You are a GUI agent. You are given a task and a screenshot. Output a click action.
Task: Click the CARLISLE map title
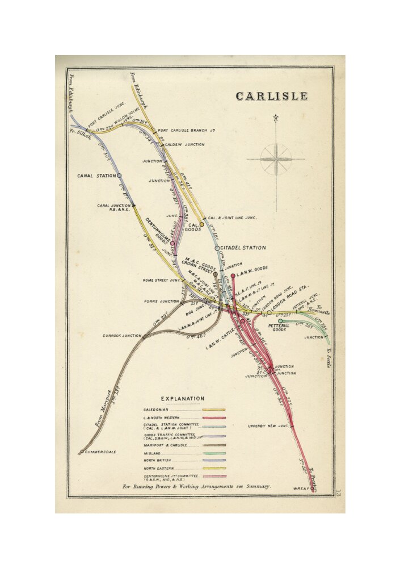272,96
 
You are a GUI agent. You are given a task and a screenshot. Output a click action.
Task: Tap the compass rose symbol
276,159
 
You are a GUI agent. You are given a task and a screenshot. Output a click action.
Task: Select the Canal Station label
96,176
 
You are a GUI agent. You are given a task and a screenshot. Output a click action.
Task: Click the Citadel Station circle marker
217,248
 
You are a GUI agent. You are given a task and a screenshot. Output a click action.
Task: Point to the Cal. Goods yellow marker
201,224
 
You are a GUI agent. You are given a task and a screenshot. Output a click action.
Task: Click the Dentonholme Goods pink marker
172,243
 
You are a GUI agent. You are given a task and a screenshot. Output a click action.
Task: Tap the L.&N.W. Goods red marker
233,276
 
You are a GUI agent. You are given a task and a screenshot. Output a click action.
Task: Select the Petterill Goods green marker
280,321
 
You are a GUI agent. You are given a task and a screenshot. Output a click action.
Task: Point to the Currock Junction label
121,336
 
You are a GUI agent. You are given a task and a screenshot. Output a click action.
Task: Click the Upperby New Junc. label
268,426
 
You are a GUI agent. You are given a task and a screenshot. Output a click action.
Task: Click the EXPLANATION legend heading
183,399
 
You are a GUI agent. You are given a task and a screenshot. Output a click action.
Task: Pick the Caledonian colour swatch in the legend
214,410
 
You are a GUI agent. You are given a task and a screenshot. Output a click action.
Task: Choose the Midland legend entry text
151,453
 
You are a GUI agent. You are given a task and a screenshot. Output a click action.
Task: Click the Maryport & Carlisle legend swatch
214,445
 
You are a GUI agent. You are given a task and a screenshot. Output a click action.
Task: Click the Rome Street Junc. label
162,280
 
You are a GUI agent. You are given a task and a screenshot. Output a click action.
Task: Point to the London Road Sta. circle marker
269,312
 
